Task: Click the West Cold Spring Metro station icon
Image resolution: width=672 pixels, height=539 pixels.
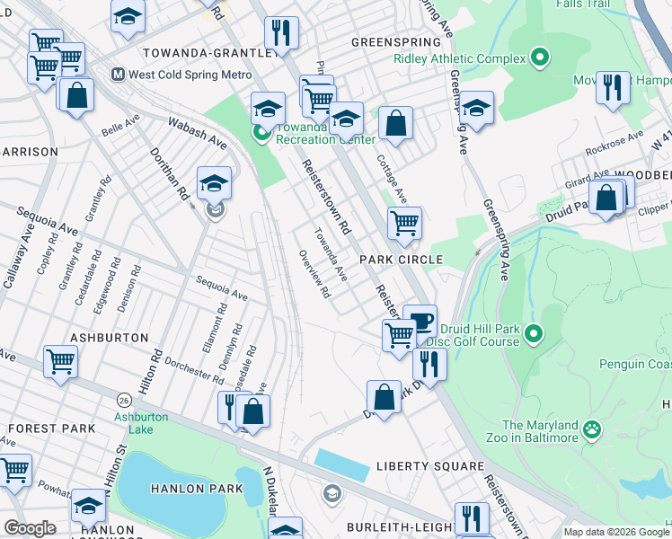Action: click(x=117, y=75)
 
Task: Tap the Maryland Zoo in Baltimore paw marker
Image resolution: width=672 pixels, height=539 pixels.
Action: click(x=591, y=430)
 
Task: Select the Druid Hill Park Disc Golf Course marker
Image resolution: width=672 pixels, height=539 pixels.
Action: click(x=534, y=335)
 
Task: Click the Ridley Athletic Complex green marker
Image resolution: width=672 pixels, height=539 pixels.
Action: click(x=539, y=59)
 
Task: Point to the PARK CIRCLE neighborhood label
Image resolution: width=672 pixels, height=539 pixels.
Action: click(x=402, y=260)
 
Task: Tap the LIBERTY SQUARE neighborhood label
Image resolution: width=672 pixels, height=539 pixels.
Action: click(x=429, y=467)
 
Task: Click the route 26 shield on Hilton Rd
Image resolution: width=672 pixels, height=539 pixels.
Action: click(x=121, y=397)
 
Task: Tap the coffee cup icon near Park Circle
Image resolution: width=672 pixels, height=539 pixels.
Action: click(x=420, y=319)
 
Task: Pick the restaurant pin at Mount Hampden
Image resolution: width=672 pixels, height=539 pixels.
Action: click(x=613, y=87)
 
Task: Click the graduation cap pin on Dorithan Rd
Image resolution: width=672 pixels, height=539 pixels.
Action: click(x=214, y=182)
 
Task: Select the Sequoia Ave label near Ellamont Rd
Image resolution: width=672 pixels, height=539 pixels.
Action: click(x=221, y=287)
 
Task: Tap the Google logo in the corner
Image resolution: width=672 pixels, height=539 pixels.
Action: click(x=30, y=528)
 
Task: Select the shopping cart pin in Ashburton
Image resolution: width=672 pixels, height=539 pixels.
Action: click(x=60, y=361)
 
